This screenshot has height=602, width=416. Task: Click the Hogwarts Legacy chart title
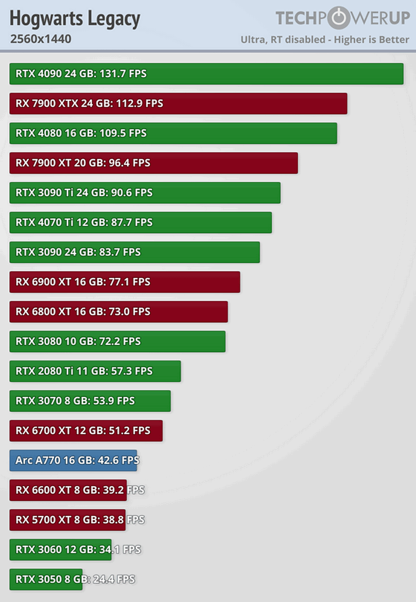(75, 19)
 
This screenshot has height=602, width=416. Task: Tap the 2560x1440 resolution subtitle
(41, 39)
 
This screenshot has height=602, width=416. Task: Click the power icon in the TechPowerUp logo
(339, 18)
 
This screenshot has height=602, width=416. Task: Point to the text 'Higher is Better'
(371, 40)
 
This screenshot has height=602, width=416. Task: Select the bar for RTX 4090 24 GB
(206, 74)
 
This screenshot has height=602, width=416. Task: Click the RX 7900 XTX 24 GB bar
(178, 104)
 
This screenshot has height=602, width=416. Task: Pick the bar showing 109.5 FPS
(173, 133)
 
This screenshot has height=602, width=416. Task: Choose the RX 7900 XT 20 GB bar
(154, 163)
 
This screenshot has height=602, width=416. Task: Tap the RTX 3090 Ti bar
(145, 193)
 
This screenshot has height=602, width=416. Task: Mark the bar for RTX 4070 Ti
(141, 222)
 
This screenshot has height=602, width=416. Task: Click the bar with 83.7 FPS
(135, 252)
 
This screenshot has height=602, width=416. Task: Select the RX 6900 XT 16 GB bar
(125, 282)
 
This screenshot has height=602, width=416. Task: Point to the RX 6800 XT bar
(119, 312)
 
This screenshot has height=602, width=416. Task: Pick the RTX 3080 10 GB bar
(117, 341)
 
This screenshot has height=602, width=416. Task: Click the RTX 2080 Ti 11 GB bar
(95, 371)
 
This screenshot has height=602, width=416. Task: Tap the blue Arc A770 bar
(73, 460)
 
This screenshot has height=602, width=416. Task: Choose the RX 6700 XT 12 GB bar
(86, 431)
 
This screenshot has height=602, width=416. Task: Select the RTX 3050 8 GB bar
(46, 580)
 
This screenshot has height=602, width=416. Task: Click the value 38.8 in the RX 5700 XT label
(113, 520)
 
